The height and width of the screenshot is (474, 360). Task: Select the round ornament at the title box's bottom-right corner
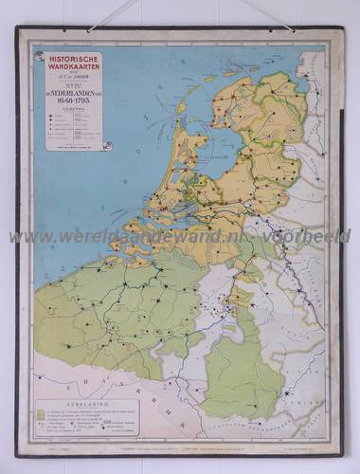107,146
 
